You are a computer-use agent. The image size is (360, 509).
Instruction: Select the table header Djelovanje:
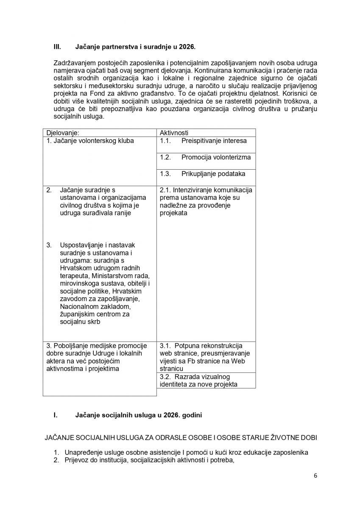63,133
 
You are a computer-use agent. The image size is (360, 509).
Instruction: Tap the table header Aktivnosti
174,133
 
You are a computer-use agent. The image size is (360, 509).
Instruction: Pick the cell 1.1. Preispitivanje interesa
203,141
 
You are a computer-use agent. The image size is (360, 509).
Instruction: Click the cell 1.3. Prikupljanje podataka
202,173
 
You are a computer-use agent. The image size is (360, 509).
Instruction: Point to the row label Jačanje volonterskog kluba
90,141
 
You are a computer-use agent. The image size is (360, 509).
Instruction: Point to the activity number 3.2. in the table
165,377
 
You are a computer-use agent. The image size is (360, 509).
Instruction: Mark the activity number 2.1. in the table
165,190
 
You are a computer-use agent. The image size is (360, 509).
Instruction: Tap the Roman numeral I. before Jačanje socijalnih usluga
56,415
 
